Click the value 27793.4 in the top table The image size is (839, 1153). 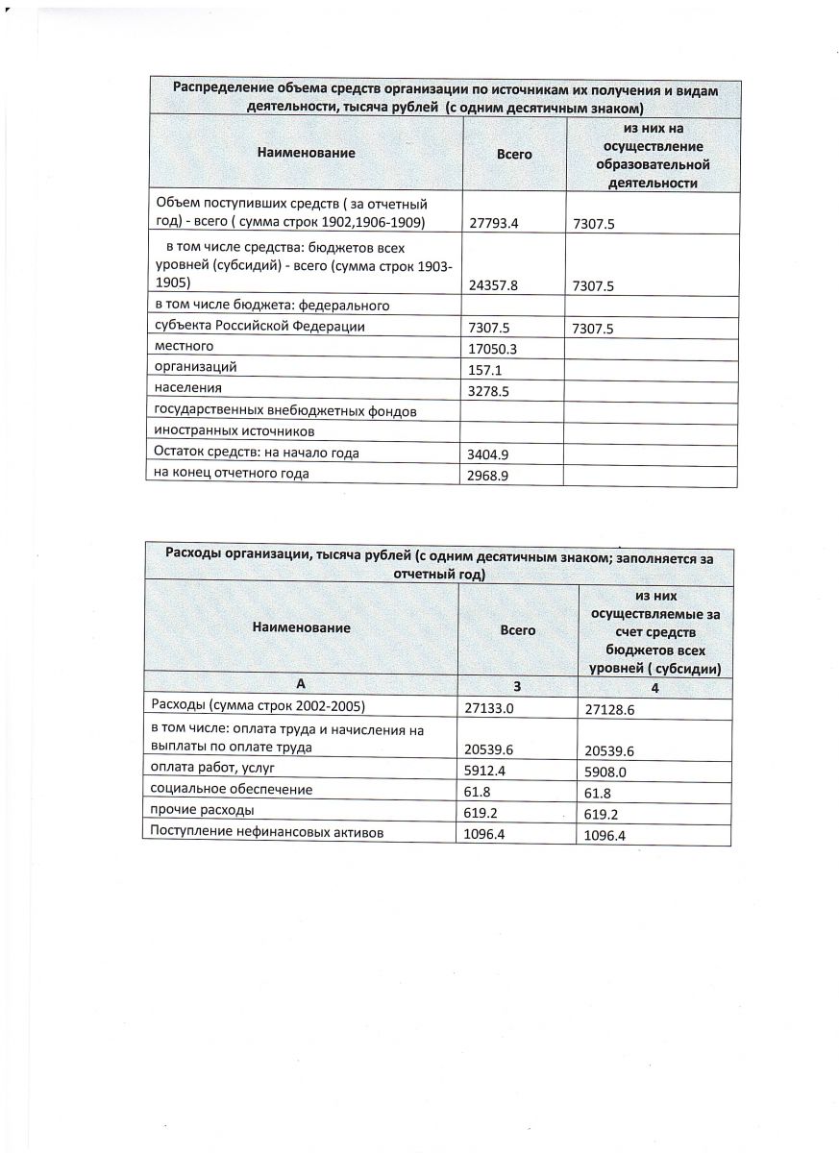(x=493, y=224)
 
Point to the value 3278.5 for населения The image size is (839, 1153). (x=489, y=390)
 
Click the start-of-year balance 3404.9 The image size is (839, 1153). (x=489, y=454)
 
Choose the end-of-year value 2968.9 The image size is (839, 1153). (x=489, y=475)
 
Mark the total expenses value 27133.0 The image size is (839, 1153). (x=489, y=708)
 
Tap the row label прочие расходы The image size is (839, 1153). (x=196, y=810)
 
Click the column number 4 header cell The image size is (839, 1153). (x=653, y=687)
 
